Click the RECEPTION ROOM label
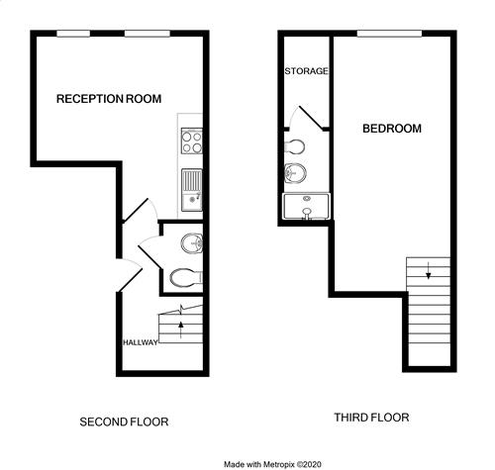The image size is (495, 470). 109,99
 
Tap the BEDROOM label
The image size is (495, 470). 392,129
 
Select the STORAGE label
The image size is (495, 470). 306,71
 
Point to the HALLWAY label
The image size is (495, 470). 141,342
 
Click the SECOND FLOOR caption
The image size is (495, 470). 124,422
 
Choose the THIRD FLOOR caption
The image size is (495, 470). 371,418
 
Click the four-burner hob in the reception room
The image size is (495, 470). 192,141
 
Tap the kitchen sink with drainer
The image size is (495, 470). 192,190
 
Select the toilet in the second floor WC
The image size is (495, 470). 186,278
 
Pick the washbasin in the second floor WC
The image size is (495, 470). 192,243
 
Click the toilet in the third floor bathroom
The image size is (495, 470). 294,146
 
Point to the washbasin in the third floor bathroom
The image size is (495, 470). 295,173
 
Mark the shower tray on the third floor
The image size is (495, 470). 306,206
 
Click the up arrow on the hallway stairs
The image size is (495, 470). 180,329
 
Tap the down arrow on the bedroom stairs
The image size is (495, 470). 429,270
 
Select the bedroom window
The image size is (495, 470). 389,34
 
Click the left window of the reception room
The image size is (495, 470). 73,34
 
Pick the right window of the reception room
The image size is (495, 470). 148,34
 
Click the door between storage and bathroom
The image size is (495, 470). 311,118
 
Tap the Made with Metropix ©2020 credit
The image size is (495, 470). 272,464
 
